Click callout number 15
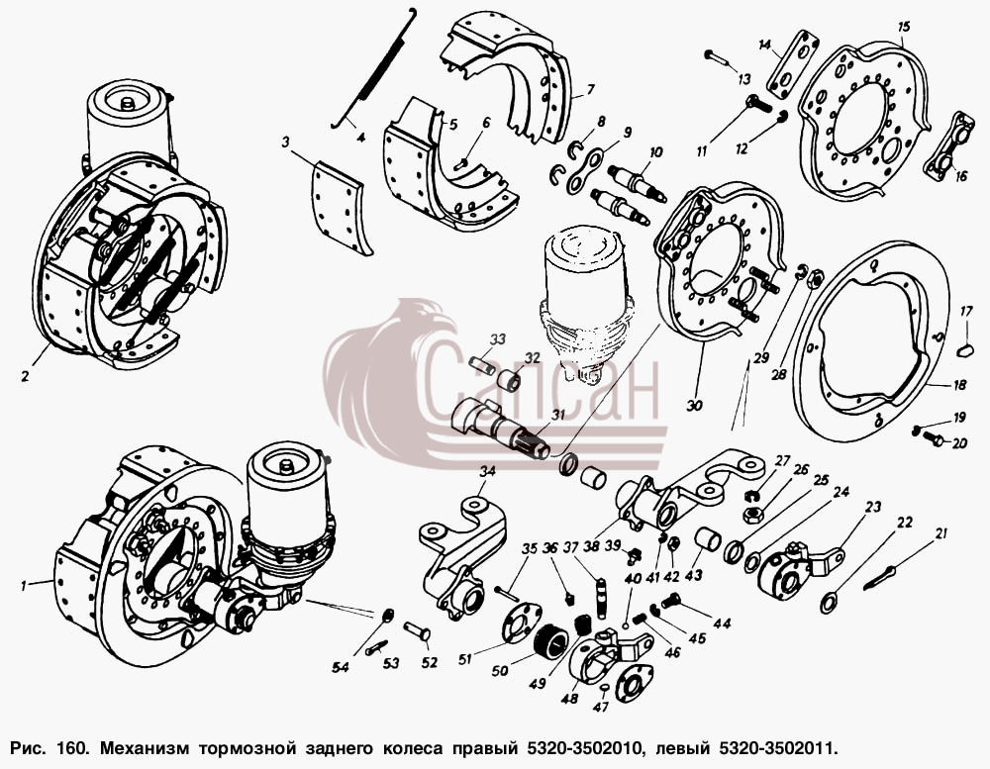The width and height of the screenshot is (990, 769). pos(904,27)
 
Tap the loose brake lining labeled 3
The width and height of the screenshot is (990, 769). pos(339,208)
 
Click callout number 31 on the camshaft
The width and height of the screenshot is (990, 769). pos(557,415)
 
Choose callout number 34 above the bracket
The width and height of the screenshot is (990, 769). pos(487,471)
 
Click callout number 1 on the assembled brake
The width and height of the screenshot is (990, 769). pos(23,586)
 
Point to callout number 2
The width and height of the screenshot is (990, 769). pos(25,376)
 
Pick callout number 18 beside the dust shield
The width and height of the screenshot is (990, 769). pos(959,384)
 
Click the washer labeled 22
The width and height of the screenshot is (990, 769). pos(829,603)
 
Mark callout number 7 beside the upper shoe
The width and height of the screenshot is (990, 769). pos(590,90)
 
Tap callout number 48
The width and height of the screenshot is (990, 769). pos(569,699)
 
